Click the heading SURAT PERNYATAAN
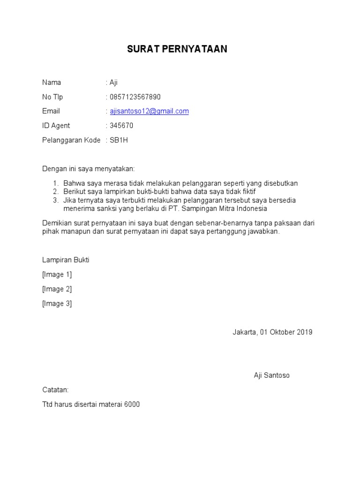point(177,50)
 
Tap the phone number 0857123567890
point(135,97)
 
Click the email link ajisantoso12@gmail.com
point(149,111)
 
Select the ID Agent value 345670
point(121,126)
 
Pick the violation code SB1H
point(119,140)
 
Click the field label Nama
point(52,82)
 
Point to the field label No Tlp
point(52,97)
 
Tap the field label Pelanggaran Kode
point(71,140)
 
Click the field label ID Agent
point(56,126)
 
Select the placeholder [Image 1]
point(57,275)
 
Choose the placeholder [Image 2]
point(57,289)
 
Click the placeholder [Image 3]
point(57,304)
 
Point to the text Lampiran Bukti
point(66,260)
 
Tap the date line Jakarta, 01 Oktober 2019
point(272,332)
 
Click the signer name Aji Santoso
point(272,375)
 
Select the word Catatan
point(55,390)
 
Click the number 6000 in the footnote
point(132,404)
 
